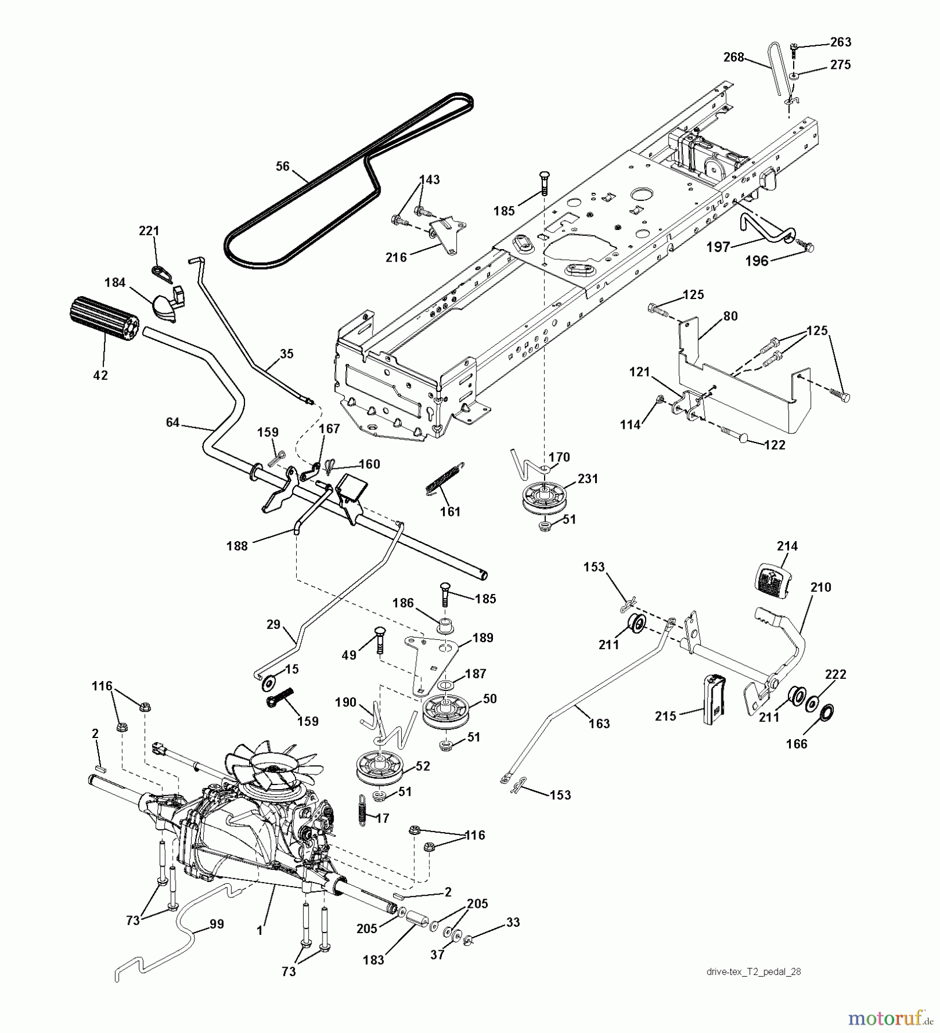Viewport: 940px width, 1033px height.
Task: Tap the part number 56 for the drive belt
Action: pos(282,166)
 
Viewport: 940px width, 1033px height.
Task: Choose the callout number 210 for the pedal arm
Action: pos(821,587)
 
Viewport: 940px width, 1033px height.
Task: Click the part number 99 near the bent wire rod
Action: pos(217,925)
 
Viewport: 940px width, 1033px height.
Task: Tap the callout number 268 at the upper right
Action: pos(734,57)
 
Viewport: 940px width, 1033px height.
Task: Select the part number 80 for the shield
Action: pos(730,316)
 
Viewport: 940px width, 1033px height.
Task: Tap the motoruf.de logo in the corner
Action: pos(887,1018)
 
